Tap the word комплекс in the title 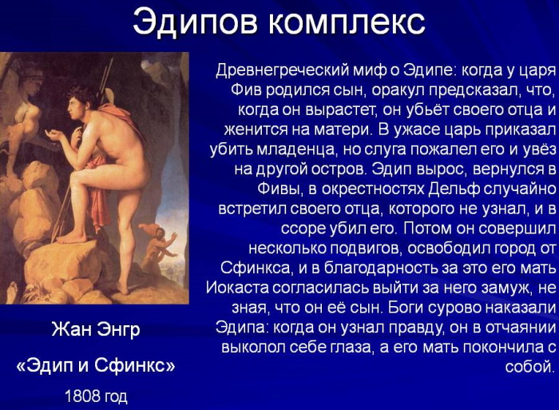coord(345,22)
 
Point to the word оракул coord(373,89)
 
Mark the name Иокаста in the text coord(236,287)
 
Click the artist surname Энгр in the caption coord(117,329)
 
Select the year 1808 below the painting coord(80,396)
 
